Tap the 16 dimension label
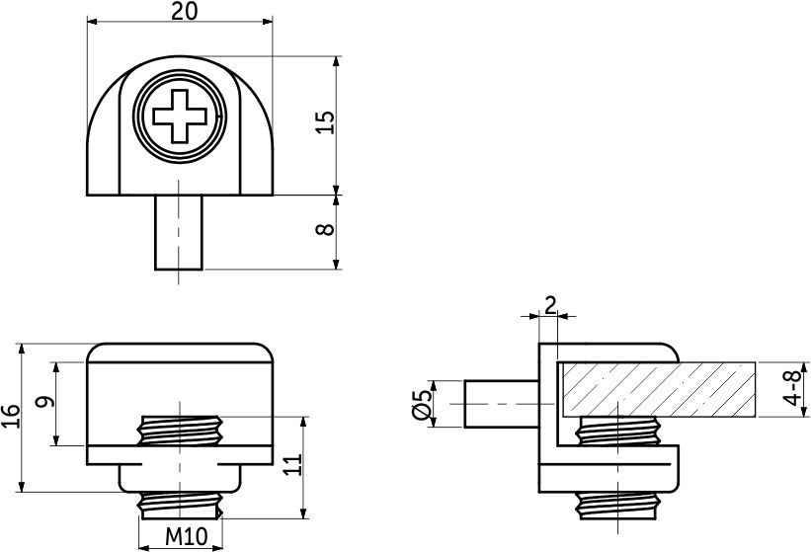pyautogui.click(x=11, y=416)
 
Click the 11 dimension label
pyautogui.click(x=292, y=466)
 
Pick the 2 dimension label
pyautogui.click(x=549, y=304)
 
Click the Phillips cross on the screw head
pyautogui.click(x=179, y=118)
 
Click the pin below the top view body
pyautogui.click(x=179, y=232)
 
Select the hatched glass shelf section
pyautogui.click(x=657, y=388)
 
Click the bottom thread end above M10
pyautogui.click(x=179, y=505)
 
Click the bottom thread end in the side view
pyautogui.click(x=617, y=506)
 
